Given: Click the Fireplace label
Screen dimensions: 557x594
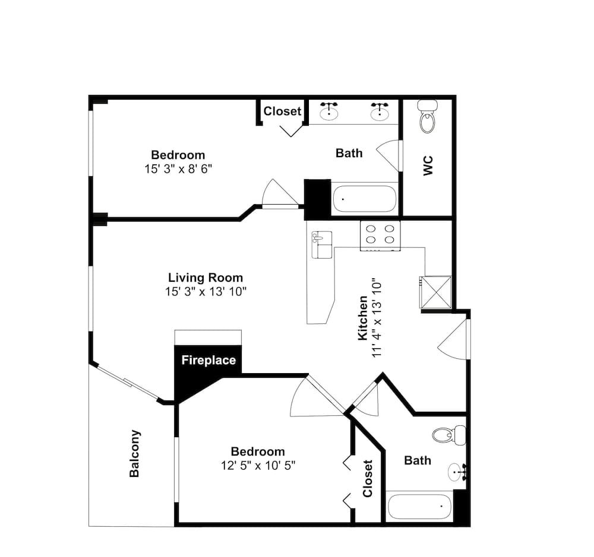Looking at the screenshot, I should pyautogui.click(x=208, y=360).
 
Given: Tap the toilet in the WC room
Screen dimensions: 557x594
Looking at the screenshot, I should pyautogui.click(x=427, y=117).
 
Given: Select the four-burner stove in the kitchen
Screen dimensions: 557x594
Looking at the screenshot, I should pyautogui.click(x=380, y=234).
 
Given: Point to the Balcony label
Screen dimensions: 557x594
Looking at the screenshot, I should pyautogui.click(x=135, y=453).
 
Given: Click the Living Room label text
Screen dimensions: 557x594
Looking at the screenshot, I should pyautogui.click(x=206, y=278).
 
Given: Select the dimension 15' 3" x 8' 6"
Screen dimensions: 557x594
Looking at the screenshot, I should pyautogui.click(x=178, y=169).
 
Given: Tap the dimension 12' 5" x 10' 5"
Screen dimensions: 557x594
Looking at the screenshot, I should pyautogui.click(x=258, y=465).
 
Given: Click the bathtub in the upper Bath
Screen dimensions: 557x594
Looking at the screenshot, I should pyautogui.click(x=364, y=199).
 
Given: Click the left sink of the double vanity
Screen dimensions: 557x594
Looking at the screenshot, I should pyautogui.click(x=329, y=110).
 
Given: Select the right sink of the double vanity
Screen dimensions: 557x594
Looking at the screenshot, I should pyautogui.click(x=380, y=110).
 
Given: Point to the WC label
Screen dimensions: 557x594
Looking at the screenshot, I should pyautogui.click(x=429, y=165).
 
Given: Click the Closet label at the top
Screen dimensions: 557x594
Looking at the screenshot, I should pyautogui.click(x=282, y=111).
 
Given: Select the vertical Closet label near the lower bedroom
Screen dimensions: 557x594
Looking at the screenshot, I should pyautogui.click(x=368, y=478).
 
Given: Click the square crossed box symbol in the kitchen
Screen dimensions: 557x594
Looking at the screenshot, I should pyautogui.click(x=435, y=292).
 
